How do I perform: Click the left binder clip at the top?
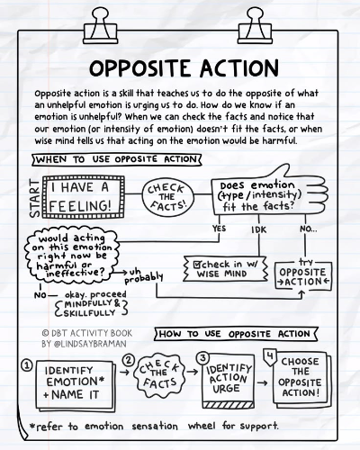[x=101, y=26]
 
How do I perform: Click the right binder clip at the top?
[x=255, y=26]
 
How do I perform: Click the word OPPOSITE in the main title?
[x=141, y=68]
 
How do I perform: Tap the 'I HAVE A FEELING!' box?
[x=84, y=197]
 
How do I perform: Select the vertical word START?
[x=35, y=198]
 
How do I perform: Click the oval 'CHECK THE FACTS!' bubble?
[x=167, y=196]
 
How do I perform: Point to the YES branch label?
[x=219, y=229]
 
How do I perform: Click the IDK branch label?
[x=258, y=229]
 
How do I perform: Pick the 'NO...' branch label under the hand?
[x=308, y=229]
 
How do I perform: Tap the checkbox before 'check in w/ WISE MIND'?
[x=197, y=265]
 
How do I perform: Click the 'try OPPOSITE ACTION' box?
[x=303, y=275]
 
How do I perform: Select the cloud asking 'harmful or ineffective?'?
[x=72, y=256]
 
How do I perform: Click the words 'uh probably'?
[x=143, y=276]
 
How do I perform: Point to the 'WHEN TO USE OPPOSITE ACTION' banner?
[x=117, y=159]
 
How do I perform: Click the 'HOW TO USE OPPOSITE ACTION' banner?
[x=236, y=334]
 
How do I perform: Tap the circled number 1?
[x=27, y=365]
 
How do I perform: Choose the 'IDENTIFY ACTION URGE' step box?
[x=229, y=381]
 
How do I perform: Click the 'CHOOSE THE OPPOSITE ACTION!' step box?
[x=301, y=377]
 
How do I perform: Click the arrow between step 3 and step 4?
[x=263, y=382]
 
